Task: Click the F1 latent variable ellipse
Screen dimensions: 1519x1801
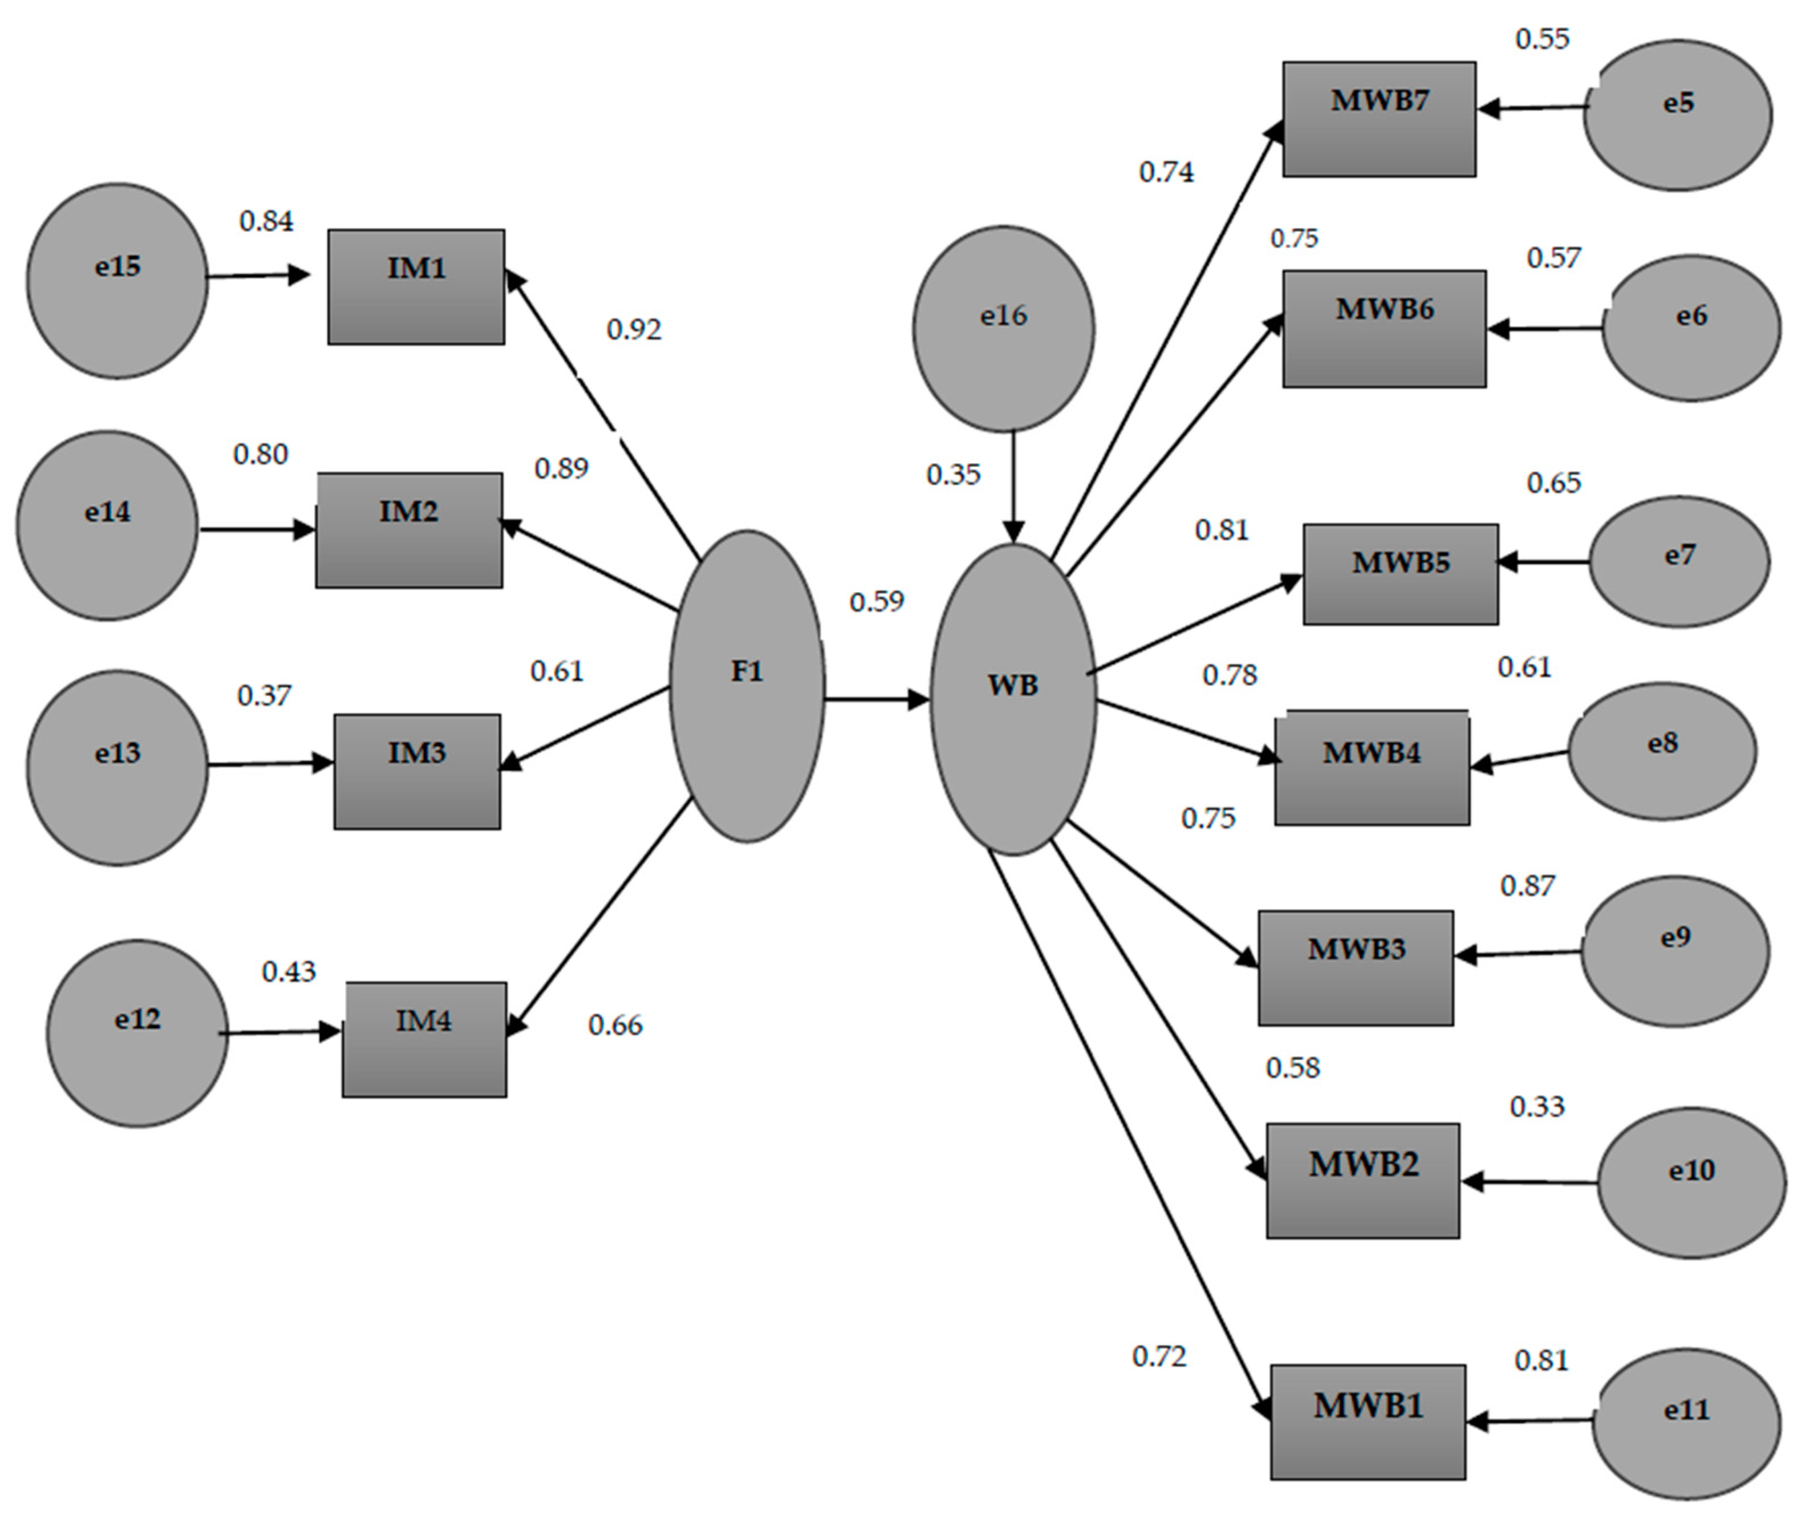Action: coord(747,686)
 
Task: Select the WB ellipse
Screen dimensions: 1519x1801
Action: coord(1012,699)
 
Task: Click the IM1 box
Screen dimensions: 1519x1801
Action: coord(416,287)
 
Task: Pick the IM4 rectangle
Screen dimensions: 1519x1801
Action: coord(424,1039)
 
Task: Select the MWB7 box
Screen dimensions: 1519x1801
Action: coord(1378,119)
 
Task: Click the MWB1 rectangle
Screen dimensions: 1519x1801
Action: coord(1367,1421)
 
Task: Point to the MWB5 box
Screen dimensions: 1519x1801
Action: coord(1400,573)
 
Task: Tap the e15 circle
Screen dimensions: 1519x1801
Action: coord(117,280)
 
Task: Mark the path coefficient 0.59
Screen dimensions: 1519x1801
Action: coord(877,602)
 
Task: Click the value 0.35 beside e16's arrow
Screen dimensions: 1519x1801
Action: coord(953,475)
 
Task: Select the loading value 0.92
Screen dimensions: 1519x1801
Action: coord(634,330)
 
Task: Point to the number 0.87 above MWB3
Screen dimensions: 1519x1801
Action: coord(1527,886)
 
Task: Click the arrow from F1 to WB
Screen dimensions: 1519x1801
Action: coord(877,699)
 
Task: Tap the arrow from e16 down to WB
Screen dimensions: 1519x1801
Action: coord(1013,487)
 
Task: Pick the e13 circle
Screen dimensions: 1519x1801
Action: coord(117,767)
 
